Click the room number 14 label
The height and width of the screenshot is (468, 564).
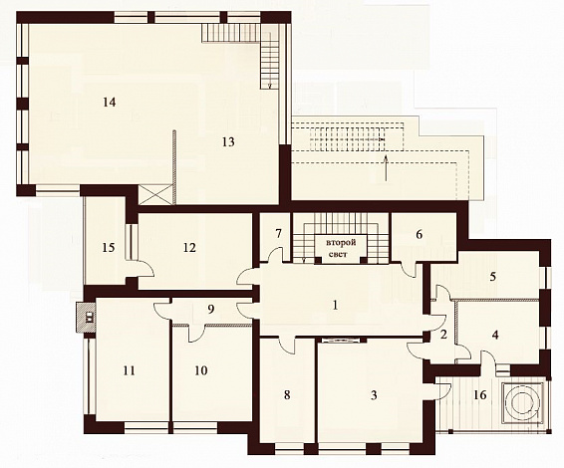[109, 103]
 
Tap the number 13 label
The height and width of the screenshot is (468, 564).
[228, 142]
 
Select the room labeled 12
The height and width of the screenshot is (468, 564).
[189, 248]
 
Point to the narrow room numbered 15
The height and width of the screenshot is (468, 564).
[109, 248]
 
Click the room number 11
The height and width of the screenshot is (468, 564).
[129, 370]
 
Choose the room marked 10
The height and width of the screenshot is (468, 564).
[200, 370]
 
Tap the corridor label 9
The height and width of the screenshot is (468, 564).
[211, 309]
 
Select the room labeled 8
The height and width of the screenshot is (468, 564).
[287, 395]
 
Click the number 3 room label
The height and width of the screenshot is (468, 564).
[374, 395]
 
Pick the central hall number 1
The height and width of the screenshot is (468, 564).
[335, 306]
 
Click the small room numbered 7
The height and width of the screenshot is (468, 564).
[278, 234]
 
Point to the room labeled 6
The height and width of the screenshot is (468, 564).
[420, 235]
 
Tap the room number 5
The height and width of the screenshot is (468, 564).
[493, 277]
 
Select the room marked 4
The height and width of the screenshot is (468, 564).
[495, 336]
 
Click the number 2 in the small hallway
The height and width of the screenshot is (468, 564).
[443, 335]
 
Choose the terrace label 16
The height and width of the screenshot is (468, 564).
[480, 395]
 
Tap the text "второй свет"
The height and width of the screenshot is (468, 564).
[341, 248]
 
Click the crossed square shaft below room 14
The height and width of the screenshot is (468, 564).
[155, 194]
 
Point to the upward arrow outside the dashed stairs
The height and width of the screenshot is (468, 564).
[386, 167]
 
